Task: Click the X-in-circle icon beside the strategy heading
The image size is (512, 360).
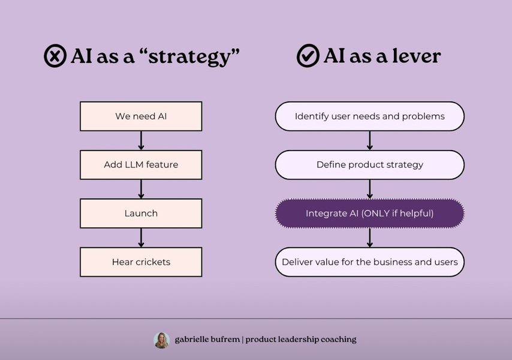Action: [55, 56]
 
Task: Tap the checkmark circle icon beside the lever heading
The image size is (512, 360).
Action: [308, 56]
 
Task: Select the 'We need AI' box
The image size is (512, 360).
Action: [141, 116]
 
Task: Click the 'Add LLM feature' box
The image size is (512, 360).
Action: [141, 164]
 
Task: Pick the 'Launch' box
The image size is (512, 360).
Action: [141, 214]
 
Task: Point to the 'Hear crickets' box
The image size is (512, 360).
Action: [141, 262]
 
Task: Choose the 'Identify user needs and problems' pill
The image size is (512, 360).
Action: [370, 116]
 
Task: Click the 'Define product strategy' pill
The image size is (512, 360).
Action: [370, 164]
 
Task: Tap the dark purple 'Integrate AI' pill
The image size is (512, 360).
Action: [370, 214]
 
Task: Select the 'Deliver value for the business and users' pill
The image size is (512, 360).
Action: [370, 262]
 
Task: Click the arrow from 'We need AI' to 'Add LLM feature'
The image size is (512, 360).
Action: [141, 140]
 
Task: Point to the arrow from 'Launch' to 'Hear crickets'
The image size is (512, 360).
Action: [141, 238]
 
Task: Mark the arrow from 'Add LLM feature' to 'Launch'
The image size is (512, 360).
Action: [141, 189]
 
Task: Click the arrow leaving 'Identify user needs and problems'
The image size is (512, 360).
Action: [370, 140]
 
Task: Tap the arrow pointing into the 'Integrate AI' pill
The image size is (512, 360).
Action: [370, 189]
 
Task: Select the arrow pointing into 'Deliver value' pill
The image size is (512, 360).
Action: [370, 238]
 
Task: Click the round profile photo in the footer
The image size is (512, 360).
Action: [162, 340]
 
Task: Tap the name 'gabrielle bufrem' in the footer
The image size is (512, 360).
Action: [207, 340]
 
